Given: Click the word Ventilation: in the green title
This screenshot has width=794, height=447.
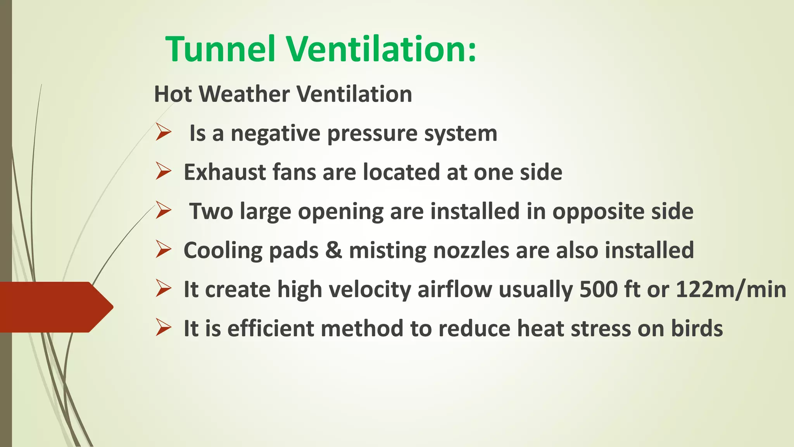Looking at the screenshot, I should point(381,49).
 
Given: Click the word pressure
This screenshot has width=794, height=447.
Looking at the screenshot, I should point(372,134).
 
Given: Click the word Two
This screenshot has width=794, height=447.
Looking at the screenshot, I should point(211,211).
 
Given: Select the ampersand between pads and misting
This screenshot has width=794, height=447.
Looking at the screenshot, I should point(333,250).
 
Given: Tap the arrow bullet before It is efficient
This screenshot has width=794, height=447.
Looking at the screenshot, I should point(163,327).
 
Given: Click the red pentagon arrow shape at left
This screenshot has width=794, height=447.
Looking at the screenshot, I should point(54,307).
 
